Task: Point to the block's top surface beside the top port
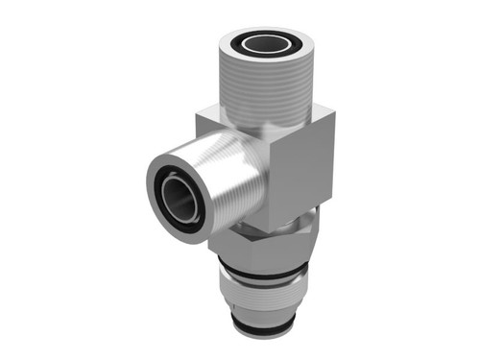tap(216, 120)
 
